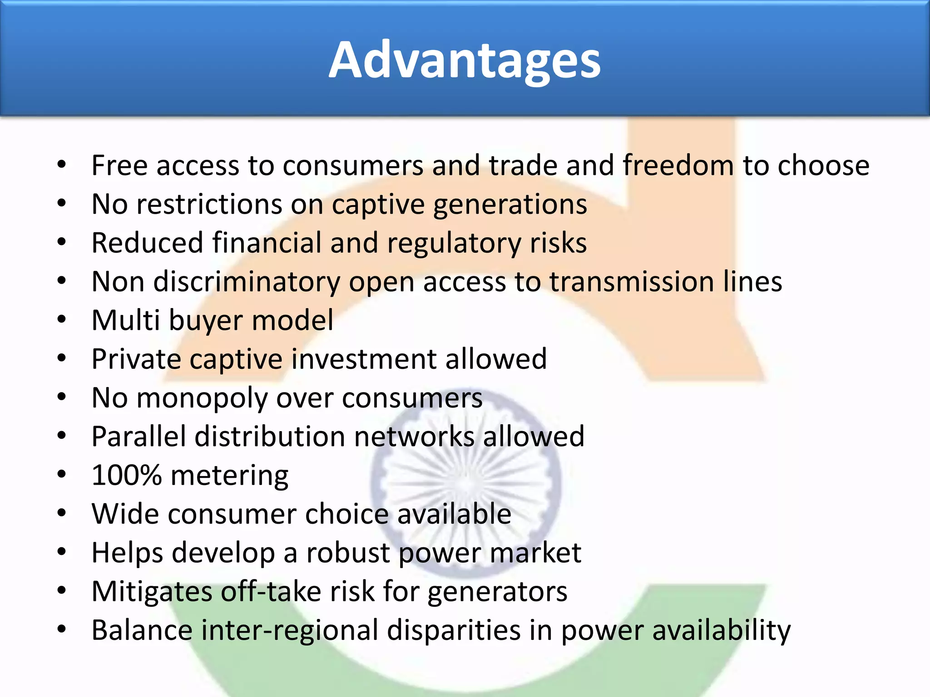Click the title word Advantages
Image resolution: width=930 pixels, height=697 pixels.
pos(465,60)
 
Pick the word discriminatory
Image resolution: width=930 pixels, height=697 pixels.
pos(247,282)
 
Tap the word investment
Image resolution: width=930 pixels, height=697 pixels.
pos(363,359)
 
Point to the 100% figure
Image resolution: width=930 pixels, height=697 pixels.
pos(126,475)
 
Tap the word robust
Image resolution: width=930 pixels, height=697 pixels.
pos(348,553)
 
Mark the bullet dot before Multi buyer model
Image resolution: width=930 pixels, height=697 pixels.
pos(62,320)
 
